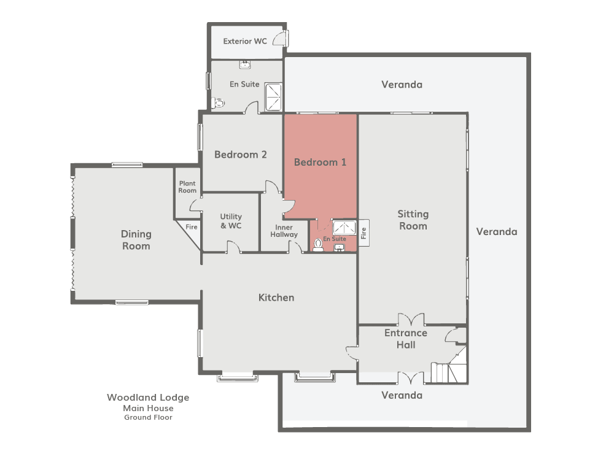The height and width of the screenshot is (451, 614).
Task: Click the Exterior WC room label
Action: [245, 41]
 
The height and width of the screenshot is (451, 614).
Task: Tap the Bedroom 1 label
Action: [320, 162]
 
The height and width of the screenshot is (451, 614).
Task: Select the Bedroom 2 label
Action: [241, 155]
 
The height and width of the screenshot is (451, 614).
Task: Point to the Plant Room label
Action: [187, 187]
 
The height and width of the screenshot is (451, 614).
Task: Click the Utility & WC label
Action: [231, 221]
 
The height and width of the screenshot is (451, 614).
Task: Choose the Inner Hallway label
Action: [284, 231]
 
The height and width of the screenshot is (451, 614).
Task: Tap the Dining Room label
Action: [136, 240]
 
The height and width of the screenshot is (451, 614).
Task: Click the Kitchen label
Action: [276, 298]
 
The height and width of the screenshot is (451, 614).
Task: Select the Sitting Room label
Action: [413, 220]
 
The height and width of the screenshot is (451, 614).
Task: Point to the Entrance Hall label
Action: [406, 339]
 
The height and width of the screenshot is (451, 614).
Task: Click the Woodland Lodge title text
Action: [148, 398]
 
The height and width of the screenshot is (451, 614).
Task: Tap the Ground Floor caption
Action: [148, 417]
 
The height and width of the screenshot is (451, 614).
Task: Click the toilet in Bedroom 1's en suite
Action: [318, 245]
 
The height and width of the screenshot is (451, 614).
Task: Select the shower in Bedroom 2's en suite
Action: [273, 96]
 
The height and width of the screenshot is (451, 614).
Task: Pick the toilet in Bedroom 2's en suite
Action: [218, 103]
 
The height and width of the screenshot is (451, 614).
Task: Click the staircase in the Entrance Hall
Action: [449, 368]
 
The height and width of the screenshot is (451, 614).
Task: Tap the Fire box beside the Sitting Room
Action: [363, 233]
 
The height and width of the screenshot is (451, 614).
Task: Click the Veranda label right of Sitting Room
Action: [497, 232]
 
